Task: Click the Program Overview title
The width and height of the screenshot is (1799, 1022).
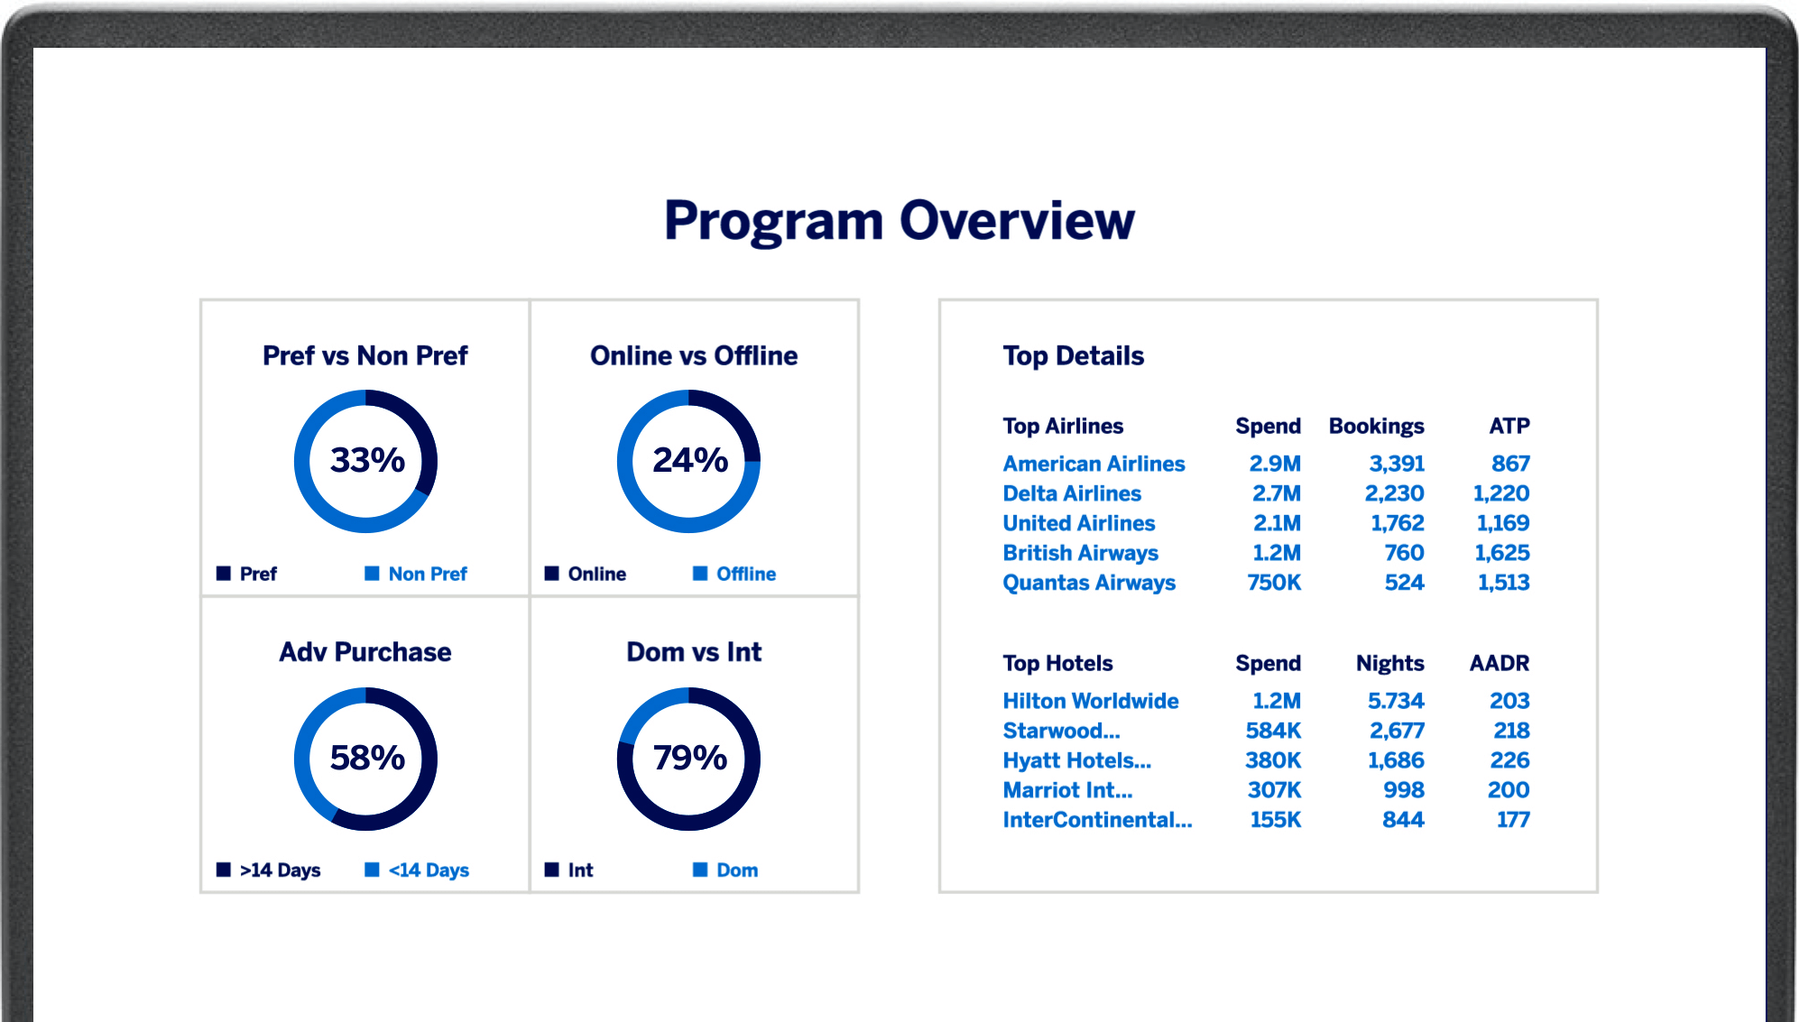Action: point(899,221)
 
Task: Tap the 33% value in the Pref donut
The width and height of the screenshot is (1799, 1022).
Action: point(367,460)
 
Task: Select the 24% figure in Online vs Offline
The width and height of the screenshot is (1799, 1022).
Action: point(690,460)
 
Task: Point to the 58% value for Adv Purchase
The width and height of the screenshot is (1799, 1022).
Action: point(367,758)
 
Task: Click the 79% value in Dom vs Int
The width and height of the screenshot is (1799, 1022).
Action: point(690,758)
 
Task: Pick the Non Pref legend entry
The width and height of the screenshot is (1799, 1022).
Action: point(427,574)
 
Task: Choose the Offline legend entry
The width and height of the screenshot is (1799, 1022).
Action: point(745,574)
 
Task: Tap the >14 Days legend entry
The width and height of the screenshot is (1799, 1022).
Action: point(280,870)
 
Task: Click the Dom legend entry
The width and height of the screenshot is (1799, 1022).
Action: point(736,870)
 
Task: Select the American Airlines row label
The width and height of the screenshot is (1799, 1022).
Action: point(1093,464)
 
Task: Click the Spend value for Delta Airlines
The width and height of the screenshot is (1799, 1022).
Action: point(1276,493)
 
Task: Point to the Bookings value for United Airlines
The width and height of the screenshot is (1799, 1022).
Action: point(1397,523)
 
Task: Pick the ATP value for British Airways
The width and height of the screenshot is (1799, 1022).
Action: point(1501,553)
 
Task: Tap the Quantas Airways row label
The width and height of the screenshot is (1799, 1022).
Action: point(1089,583)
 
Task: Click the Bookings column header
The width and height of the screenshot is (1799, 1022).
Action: point(1376,426)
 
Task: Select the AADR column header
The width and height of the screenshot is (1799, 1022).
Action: point(1499,663)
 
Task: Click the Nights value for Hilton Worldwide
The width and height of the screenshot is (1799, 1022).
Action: point(1395,701)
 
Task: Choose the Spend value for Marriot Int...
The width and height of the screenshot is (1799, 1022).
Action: point(1274,790)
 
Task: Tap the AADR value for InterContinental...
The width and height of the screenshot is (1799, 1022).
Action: point(1512,820)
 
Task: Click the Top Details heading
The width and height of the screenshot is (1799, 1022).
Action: point(1073,356)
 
